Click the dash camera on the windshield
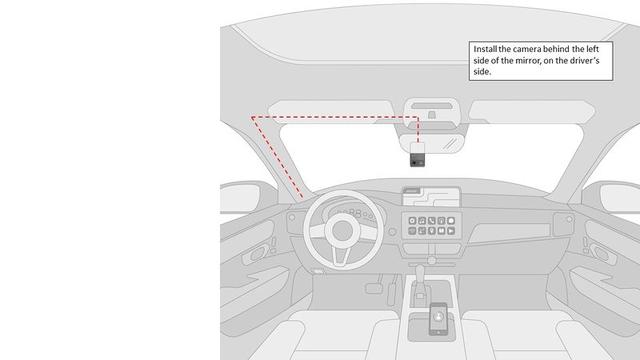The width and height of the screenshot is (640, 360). pyautogui.click(x=418, y=154)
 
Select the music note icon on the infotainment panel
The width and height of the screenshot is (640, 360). pyautogui.click(x=422, y=220)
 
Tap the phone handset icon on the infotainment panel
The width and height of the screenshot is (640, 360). pyautogui.click(x=432, y=220)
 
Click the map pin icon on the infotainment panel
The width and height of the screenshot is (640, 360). pyautogui.click(x=432, y=230)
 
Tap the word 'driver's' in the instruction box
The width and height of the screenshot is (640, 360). pyautogui.click(x=589, y=60)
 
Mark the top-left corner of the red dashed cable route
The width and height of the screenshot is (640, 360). pyautogui.click(x=252, y=118)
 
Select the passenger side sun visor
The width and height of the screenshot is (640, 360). pyautogui.click(x=533, y=112)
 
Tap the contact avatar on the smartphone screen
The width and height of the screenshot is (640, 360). pyautogui.click(x=438, y=317)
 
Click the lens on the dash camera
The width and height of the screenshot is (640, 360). pyautogui.click(x=414, y=162)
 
